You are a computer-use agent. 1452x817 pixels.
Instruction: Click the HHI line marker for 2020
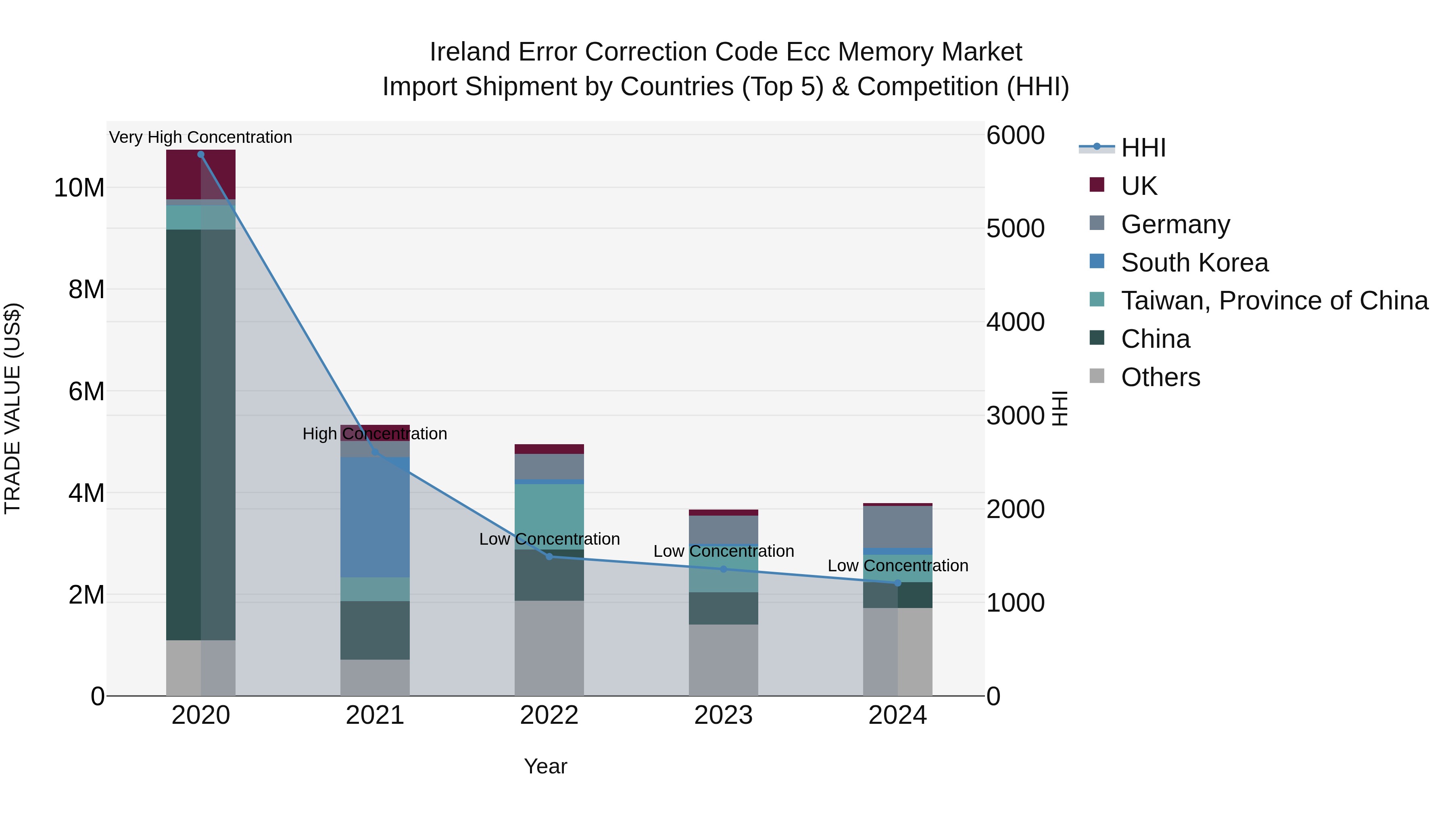pyautogui.click(x=201, y=154)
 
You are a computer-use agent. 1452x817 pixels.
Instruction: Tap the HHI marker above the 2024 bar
pyautogui.click(x=897, y=583)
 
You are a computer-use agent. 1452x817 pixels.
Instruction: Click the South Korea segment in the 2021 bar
pyautogui.click(x=375, y=517)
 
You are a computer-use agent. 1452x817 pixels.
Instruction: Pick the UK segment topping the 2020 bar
pyautogui.click(x=201, y=174)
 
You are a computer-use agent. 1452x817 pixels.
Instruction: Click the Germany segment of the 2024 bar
pyautogui.click(x=897, y=527)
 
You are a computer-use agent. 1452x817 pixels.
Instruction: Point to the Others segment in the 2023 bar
pyautogui.click(x=723, y=660)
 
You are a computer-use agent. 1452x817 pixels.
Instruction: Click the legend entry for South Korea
pyautogui.click(x=1194, y=263)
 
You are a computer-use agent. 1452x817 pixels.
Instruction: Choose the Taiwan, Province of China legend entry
pyautogui.click(x=1274, y=301)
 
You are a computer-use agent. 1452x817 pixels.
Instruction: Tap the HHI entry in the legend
pyautogui.click(x=1143, y=148)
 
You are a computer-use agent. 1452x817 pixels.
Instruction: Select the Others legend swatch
pyautogui.click(x=1097, y=376)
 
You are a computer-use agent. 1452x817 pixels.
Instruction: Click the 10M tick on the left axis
pyautogui.click(x=79, y=188)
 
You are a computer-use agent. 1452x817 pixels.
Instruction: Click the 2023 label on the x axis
pyautogui.click(x=723, y=715)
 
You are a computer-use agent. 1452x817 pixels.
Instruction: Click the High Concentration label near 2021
pyautogui.click(x=375, y=434)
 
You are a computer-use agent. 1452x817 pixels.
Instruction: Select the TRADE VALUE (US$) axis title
pyautogui.click(x=13, y=408)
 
